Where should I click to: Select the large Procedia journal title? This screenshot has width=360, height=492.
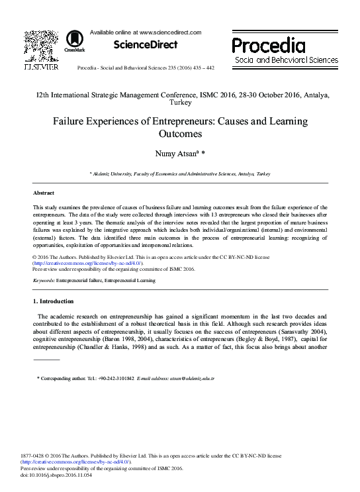click(x=268, y=46)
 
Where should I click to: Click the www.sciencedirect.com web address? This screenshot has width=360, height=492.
click(x=168, y=32)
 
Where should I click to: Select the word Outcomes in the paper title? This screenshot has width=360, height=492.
click(x=180, y=134)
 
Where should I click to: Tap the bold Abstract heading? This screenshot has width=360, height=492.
click(x=44, y=193)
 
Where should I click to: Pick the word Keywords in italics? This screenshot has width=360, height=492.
click(x=43, y=281)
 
